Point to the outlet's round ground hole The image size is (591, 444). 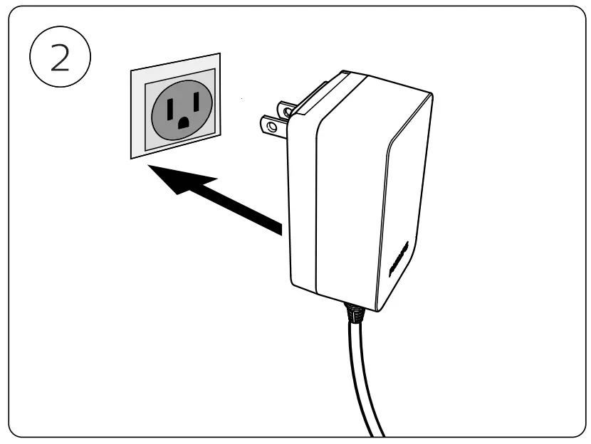coord(182,124)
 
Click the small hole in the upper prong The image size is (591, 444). coord(288,110)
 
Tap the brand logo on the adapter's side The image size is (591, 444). coord(397,263)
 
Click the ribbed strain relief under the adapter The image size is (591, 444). coord(354,311)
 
